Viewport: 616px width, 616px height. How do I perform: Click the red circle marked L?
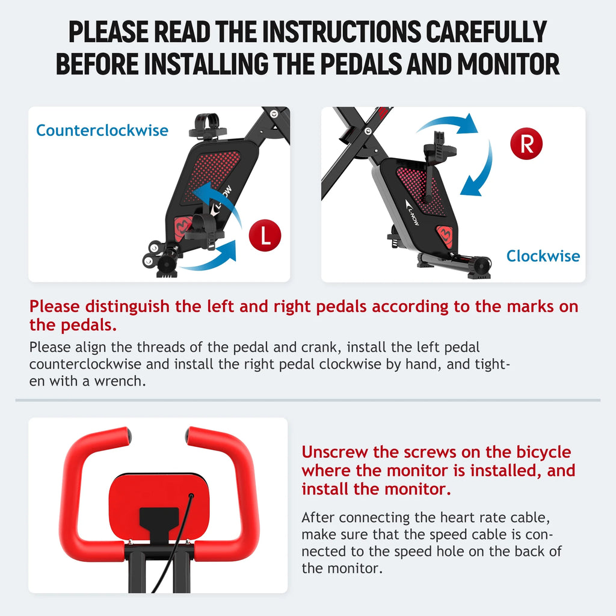(x=265, y=235)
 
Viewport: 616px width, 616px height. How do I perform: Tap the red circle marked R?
(x=526, y=144)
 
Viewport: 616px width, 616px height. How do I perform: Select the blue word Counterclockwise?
(x=102, y=131)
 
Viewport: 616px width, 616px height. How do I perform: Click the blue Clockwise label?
(x=543, y=256)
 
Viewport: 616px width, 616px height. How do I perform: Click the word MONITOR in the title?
(x=508, y=64)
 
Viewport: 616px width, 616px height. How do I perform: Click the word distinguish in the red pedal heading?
(x=128, y=307)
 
